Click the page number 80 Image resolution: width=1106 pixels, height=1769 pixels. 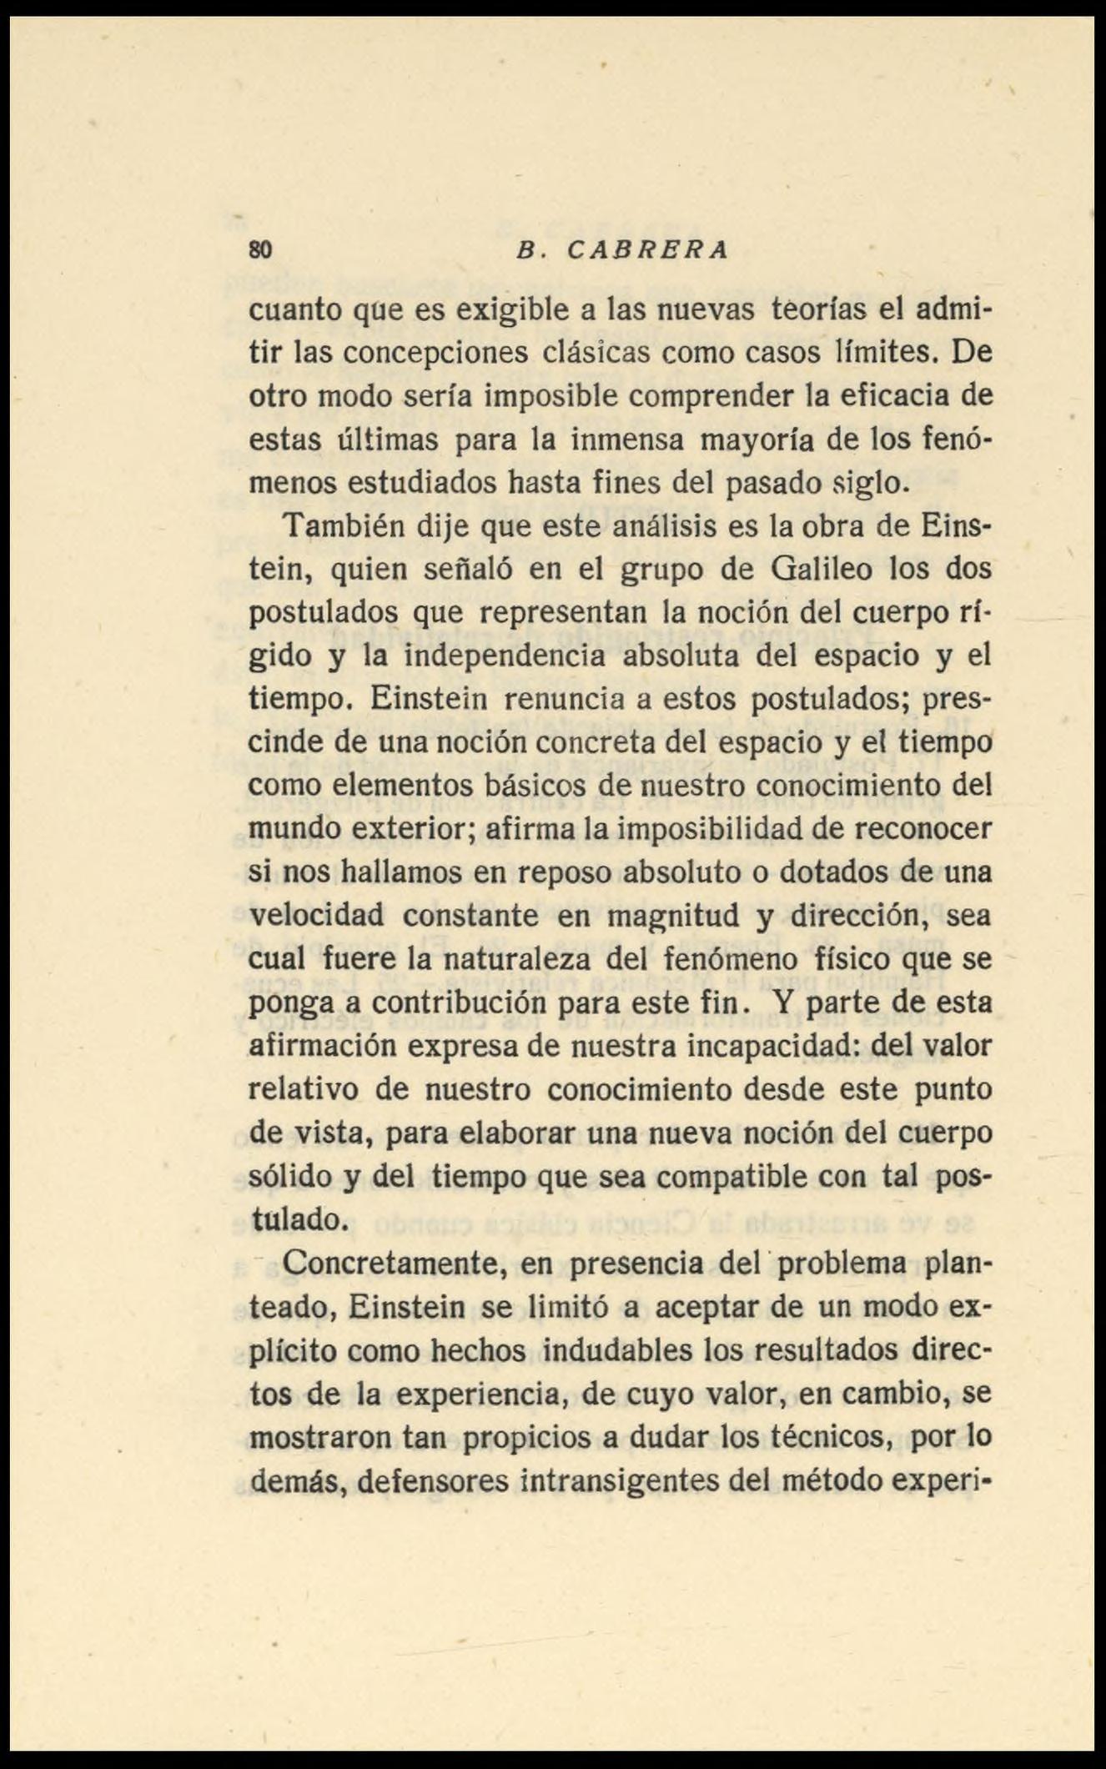260,249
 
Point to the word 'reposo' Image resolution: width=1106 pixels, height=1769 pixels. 566,872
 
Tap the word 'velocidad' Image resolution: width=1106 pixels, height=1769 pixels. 316,916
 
